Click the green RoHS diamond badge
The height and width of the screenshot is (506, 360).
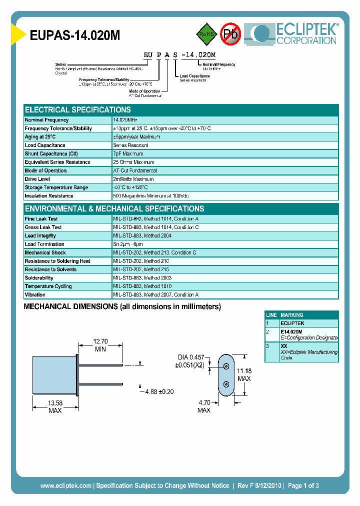coord(206,34)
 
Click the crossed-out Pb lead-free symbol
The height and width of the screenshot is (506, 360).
coord(230,34)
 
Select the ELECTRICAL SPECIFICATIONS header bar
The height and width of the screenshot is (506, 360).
coord(181,109)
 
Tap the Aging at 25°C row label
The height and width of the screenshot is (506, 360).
coord(40,137)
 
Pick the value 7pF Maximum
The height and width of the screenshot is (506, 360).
coord(128,154)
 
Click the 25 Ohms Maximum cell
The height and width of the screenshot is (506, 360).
coord(133,162)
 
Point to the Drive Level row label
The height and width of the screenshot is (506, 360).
coord(38,179)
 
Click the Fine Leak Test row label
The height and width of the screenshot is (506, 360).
coord(41,219)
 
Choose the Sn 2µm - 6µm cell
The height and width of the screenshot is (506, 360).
coord(132,244)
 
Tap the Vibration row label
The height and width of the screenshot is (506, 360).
coord(35,295)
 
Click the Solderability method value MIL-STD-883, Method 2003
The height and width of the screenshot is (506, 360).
coord(142,278)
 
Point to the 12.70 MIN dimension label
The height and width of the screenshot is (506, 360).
coord(100,345)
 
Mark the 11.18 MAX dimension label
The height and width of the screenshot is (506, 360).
coord(244,374)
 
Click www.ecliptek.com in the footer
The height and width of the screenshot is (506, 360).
coord(65,485)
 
